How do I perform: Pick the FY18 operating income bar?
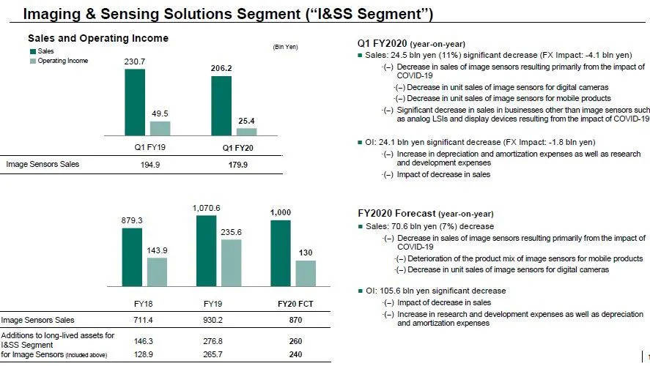click(x=157, y=272)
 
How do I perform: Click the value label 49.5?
click(x=160, y=113)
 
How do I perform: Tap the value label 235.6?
click(x=231, y=231)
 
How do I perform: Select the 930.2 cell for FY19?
click(x=218, y=320)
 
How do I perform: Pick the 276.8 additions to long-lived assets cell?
click(x=218, y=340)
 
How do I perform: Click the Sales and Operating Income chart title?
click(x=97, y=38)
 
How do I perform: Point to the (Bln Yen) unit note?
click(x=284, y=48)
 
